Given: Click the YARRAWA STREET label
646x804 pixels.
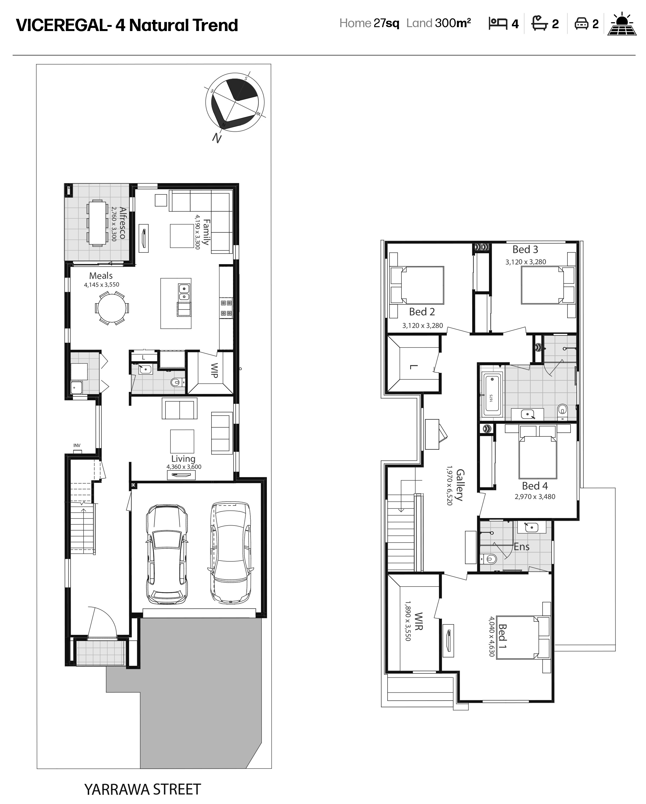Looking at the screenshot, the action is tap(142, 789).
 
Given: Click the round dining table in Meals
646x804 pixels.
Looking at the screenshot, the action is tap(111, 308).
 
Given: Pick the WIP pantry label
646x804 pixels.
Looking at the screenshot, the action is tap(214, 370).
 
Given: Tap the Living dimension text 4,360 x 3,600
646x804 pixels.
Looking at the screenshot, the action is tap(184, 467).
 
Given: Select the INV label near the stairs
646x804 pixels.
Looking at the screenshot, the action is tap(77, 446).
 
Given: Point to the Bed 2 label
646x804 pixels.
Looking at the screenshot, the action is tap(422, 312).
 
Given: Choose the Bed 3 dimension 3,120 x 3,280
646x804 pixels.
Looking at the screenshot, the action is tap(526, 262).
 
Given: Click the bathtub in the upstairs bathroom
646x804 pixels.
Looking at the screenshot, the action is tap(492, 395).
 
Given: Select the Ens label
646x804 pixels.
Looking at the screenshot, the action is tap(521, 547).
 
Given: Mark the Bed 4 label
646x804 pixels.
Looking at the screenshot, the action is tap(535, 486).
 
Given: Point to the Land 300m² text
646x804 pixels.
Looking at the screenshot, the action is tap(438, 23).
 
